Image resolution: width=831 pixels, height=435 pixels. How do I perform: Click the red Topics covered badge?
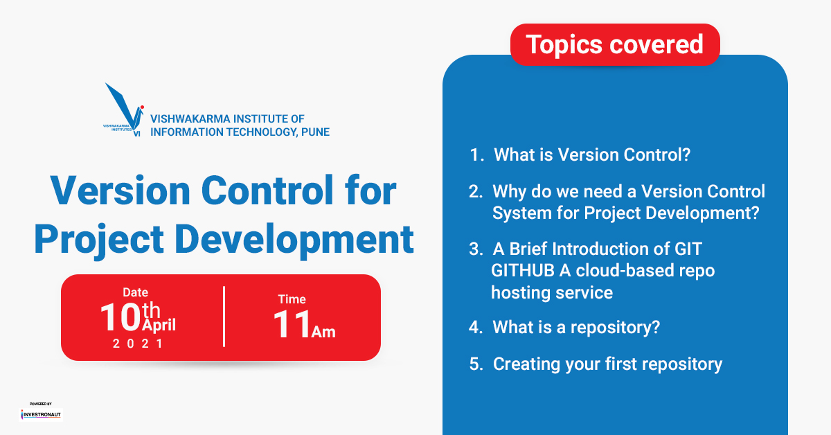(x=615, y=44)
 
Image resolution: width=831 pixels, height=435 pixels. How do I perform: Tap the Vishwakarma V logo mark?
(x=124, y=110)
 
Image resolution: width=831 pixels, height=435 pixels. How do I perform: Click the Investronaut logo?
(x=41, y=414)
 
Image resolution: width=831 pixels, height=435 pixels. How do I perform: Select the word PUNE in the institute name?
(x=315, y=132)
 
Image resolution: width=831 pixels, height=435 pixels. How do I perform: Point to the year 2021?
(x=138, y=344)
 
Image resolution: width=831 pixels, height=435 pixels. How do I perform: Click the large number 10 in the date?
(x=120, y=317)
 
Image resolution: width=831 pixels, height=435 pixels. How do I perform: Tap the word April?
(x=159, y=326)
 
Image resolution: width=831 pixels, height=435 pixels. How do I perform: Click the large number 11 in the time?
(x=292, y=324)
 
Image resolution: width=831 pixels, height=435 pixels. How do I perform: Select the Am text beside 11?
(x=323, y=332)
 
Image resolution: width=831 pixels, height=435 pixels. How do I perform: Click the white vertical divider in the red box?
(x=224, y=317)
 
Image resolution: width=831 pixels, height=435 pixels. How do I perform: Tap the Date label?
(x=136, y=292)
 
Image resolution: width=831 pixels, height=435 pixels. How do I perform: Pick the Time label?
(x=292, y=299)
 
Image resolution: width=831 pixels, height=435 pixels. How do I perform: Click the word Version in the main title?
(x=120, y=190)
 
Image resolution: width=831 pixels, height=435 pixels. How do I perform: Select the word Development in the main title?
(x=294, y=240)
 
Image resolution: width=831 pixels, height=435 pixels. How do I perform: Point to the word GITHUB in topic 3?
(x=523, y=271)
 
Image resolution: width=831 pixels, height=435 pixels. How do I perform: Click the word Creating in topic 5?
(x=526, y=364)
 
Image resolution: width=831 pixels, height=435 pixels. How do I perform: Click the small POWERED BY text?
(x=41, y=404)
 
